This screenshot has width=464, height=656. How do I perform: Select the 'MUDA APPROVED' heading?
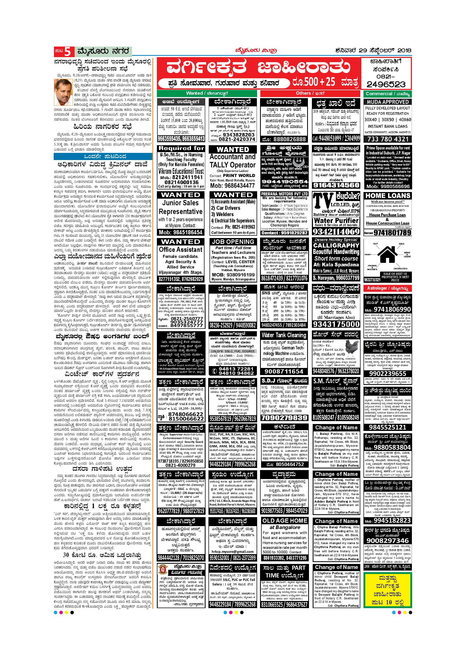[388, 102]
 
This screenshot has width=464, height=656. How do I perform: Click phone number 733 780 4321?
[388, 139]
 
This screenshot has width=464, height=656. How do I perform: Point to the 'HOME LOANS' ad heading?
[388, 196]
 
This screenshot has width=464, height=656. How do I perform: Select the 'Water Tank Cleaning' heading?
[284, 335]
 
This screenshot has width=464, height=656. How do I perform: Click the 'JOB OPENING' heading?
[233, 242]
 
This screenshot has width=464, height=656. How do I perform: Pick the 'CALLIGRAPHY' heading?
[336, 245]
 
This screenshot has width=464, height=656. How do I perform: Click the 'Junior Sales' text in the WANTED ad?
[180, 203]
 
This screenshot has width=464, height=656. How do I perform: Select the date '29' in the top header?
[363, 51]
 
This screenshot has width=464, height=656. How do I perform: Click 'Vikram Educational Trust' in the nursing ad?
[181, 171]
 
